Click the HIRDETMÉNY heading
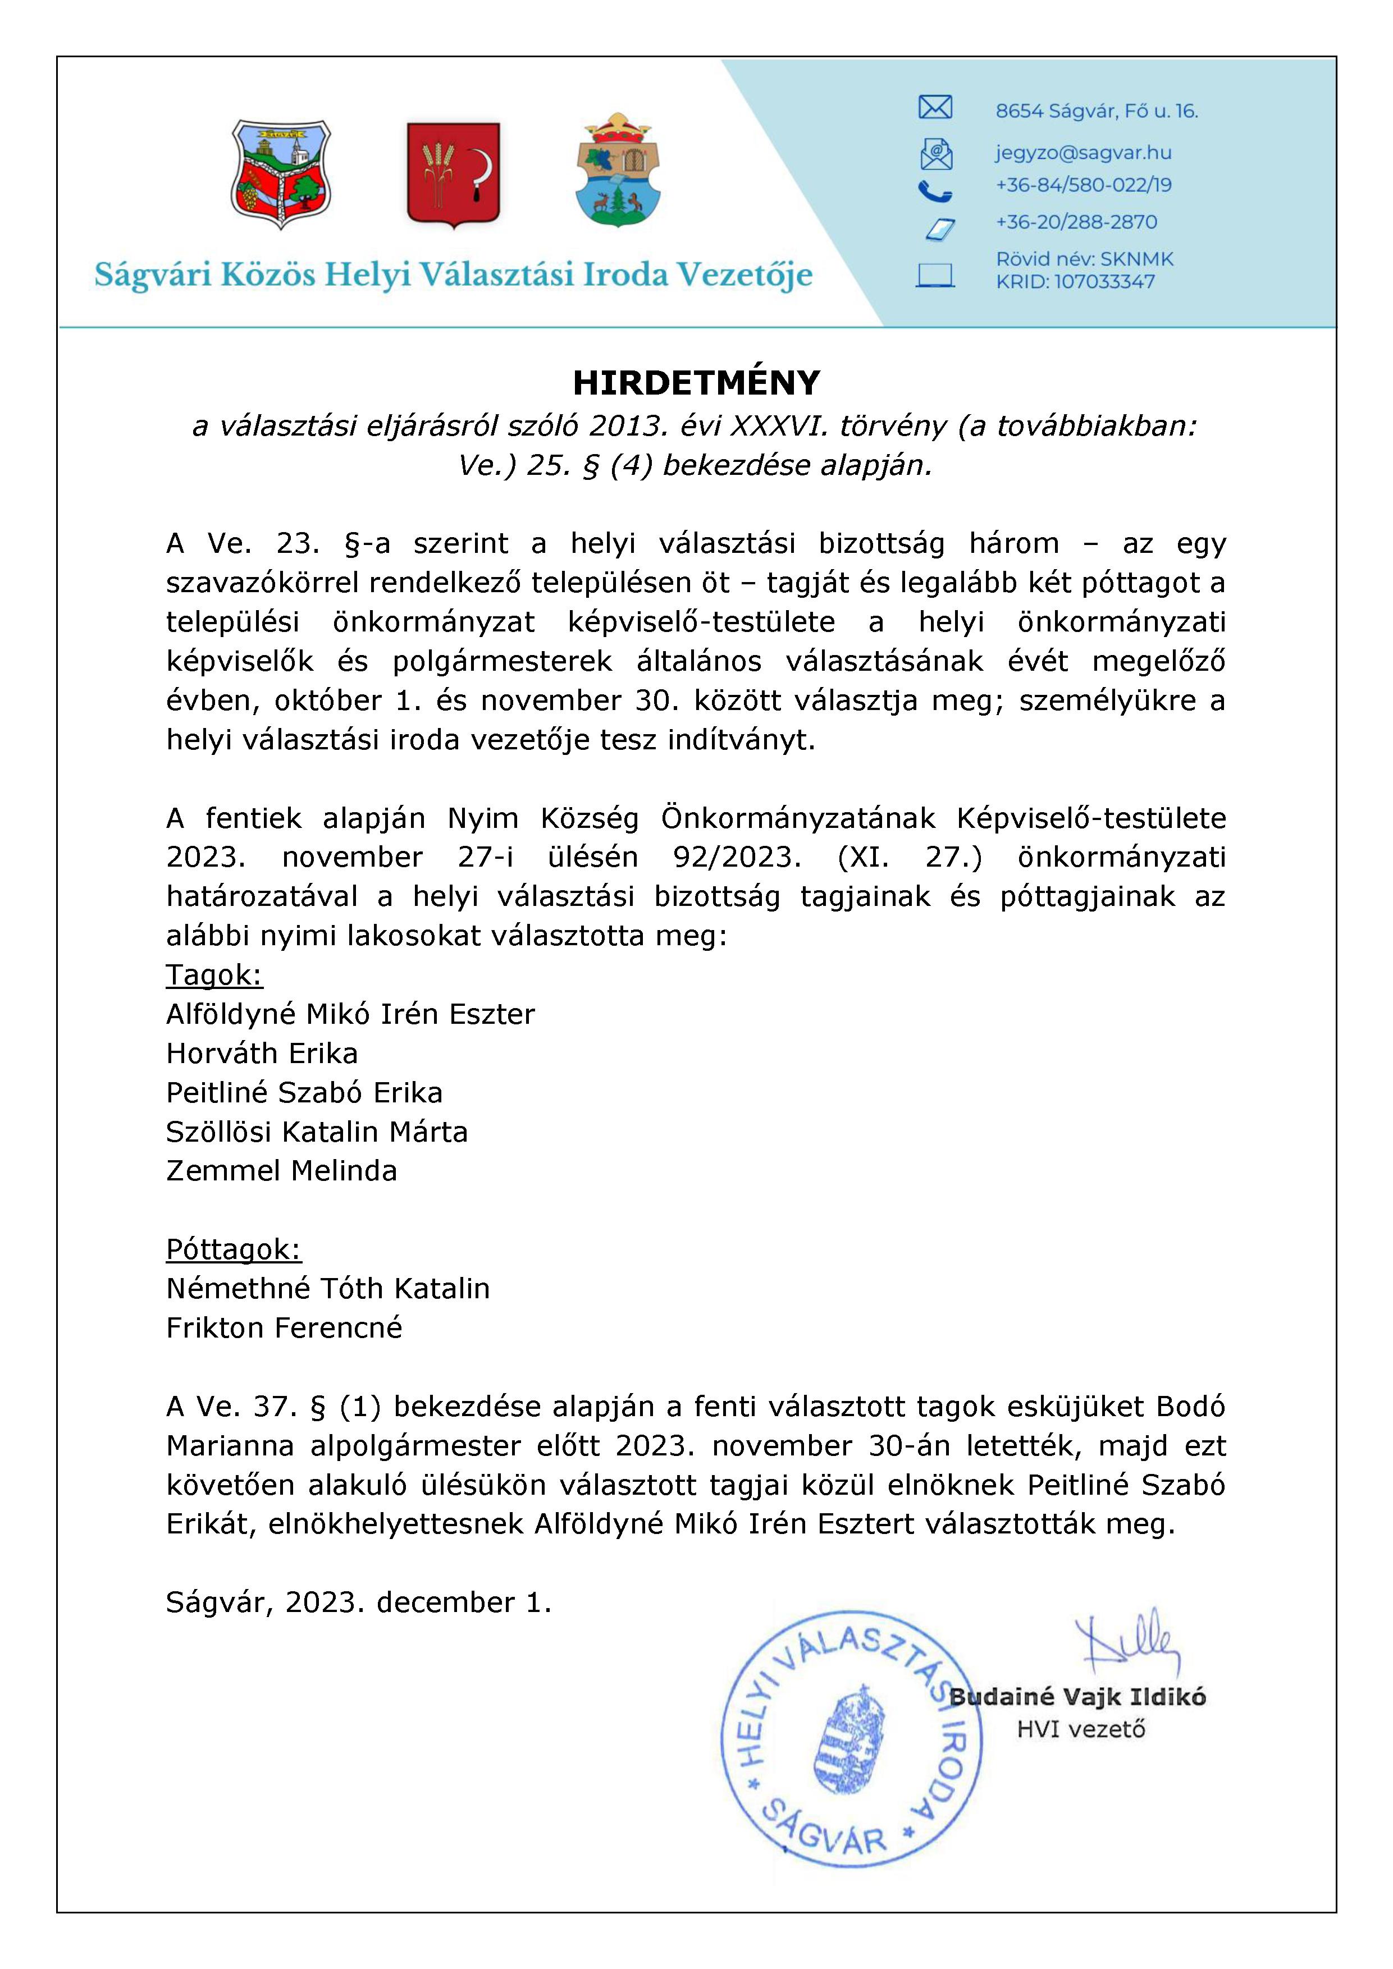point(696,383)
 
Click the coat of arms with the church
point(281,173)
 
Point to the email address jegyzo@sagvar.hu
point(1083,153)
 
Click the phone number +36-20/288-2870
point(1076,222)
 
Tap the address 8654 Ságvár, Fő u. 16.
point(1096,111)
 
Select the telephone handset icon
point(934,190)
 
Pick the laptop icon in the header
point(935,275)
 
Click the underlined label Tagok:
point(214,975)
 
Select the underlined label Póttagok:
point(234,1249)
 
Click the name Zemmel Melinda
point(281,1171)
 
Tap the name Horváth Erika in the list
point(262,1053)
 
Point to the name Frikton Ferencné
point(284,1327)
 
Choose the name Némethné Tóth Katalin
point(328,1288)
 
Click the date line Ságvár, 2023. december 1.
point(359,1602)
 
